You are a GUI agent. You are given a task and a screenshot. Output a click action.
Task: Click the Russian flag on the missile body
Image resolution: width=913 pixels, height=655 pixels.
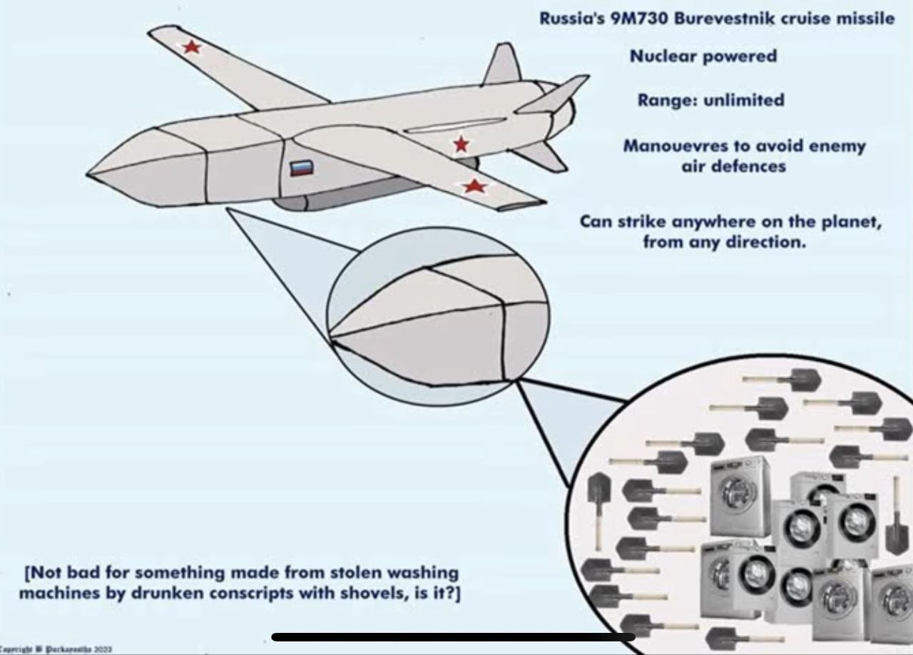(x=301, y=169)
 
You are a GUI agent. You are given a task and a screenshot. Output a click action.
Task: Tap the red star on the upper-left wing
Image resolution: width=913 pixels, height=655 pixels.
(x=191, y=47)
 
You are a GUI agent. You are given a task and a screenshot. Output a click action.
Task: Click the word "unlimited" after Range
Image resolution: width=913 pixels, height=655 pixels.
(x=744, y=100)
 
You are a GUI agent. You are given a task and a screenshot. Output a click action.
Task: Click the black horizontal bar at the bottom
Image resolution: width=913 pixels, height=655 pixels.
(x=453, y=636)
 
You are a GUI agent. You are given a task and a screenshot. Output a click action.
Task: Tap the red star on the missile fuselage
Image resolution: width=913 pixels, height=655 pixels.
(x=461, y=144)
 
